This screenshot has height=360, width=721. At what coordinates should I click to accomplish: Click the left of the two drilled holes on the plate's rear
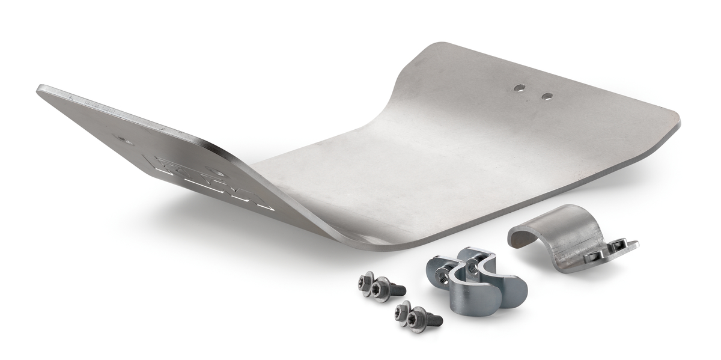click(x=519, y=88)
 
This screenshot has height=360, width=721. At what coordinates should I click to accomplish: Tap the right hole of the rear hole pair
click(x=547, y=96)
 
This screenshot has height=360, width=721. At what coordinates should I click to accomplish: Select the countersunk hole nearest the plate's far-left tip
click(x=125, y=140)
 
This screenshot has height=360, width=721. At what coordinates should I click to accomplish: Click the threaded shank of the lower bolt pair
click(x=433, y=320)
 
